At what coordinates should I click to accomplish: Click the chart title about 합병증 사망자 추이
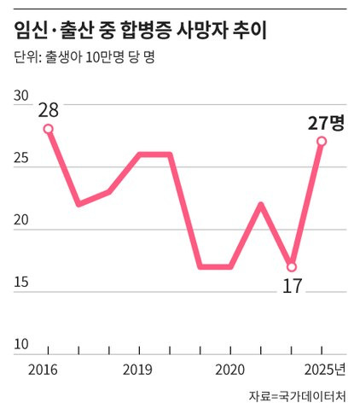140,31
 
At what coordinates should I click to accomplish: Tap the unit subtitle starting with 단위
84,57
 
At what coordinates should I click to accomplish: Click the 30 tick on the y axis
21,96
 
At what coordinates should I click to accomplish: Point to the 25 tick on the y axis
21,158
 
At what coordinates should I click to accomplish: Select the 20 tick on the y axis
21,220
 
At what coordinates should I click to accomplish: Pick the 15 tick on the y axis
21,283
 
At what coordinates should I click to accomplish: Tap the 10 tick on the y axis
21,344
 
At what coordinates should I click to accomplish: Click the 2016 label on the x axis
43,370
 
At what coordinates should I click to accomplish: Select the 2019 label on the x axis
137,370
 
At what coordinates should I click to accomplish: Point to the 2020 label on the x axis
229,370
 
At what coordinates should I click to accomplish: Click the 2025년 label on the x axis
325,370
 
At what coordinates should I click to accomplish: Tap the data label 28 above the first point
49,110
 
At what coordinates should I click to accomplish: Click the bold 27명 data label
326,123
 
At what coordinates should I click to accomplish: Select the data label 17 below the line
292,286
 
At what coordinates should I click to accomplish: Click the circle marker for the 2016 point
49,129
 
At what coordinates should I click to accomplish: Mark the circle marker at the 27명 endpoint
322,141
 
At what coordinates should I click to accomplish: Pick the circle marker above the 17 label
292,267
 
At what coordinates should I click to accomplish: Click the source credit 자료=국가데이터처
298,397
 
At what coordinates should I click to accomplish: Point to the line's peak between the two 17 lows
261,205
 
